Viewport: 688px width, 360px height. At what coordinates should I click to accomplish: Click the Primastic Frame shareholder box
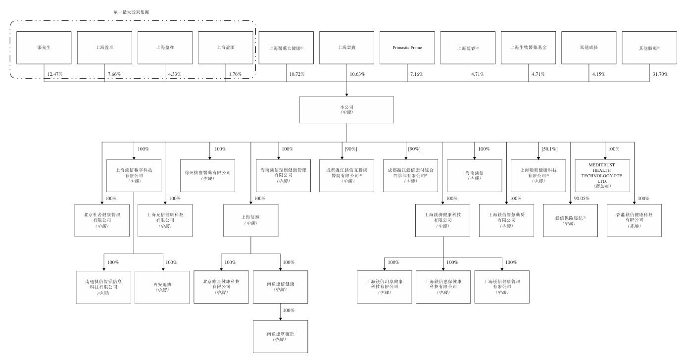(407, 48)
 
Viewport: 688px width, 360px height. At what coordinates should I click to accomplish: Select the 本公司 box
(346, 109)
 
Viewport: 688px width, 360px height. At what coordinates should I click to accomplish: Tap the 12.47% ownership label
(55, 74)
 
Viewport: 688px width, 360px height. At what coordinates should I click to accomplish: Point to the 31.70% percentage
(660, 74)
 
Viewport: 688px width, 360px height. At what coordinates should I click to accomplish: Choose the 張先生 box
(44, 48)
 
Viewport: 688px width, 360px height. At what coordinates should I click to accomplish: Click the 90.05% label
(582, 199)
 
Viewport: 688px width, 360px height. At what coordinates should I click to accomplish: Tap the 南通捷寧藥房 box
(280, 336)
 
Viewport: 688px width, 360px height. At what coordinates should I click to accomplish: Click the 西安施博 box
(162, 287)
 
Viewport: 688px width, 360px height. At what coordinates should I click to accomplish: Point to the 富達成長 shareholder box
(589, 48)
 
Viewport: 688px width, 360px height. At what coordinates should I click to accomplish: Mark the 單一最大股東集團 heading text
(131, 11)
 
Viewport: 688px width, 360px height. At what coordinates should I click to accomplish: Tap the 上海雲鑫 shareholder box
(346, 48)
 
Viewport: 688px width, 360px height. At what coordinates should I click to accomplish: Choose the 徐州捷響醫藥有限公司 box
(207, 176)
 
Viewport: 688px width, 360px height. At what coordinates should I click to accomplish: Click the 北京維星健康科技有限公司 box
(221, 287)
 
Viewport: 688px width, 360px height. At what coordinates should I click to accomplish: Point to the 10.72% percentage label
(296, 74)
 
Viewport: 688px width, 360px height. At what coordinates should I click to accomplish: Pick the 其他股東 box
(649, 48)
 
